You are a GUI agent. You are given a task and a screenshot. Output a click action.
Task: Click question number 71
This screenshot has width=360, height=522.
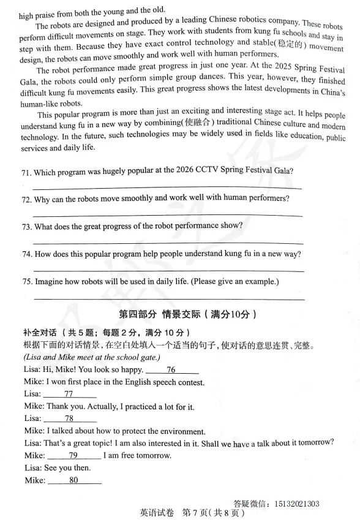point(26,172)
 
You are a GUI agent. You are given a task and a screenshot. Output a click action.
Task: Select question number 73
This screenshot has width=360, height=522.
point(26,227)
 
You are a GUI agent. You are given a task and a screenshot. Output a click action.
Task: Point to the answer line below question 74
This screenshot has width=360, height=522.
point(168,270)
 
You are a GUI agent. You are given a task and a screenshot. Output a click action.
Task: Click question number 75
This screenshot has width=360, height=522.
point(26,282)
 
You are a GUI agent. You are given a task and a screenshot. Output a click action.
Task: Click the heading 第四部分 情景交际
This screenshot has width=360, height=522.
point(184,314)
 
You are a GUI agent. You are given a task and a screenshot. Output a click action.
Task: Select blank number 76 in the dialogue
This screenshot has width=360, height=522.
point(171,369)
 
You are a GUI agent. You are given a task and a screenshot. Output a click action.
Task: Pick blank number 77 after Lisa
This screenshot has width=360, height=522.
point(69,394)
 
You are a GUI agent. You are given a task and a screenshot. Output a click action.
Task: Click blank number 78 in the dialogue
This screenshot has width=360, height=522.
point(69,418)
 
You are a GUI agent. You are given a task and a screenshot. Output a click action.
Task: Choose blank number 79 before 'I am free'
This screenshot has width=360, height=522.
point(73,455)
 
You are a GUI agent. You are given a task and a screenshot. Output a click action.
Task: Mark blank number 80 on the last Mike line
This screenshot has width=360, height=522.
point(74,480)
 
